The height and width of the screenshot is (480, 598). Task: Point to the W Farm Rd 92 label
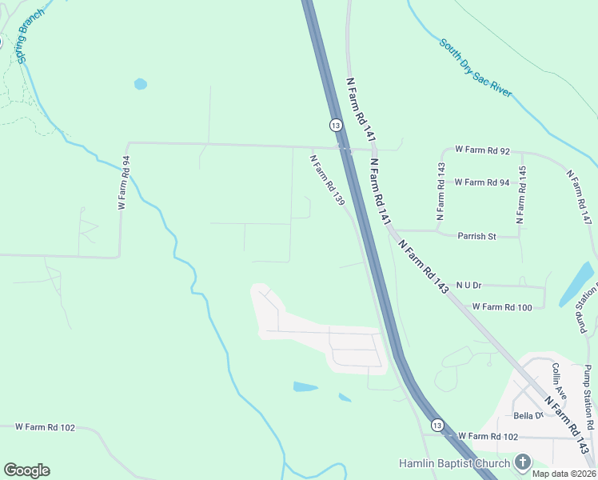482,150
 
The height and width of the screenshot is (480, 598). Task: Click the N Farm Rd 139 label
327,180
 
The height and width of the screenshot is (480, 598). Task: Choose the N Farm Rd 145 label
521,194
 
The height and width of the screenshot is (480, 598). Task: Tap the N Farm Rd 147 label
580,196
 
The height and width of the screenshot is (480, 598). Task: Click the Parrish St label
477,236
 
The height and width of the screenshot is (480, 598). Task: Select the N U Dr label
469,285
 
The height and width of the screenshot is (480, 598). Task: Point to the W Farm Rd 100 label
502,306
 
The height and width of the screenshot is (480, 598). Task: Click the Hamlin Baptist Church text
454,463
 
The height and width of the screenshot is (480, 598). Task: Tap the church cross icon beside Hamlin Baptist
522,462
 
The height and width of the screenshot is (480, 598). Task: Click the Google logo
27,470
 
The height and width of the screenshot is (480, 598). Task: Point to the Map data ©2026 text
564,474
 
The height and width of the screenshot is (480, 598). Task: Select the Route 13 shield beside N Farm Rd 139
336,125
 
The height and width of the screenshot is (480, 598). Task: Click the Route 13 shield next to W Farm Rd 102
436,424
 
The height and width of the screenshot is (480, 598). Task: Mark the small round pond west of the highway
141,83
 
